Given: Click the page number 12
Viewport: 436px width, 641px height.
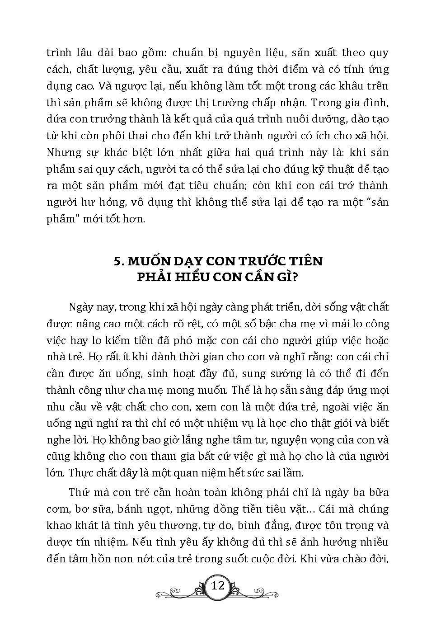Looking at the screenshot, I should click(218, 586).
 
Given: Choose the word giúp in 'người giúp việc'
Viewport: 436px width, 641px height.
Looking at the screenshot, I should click(319, 340).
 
